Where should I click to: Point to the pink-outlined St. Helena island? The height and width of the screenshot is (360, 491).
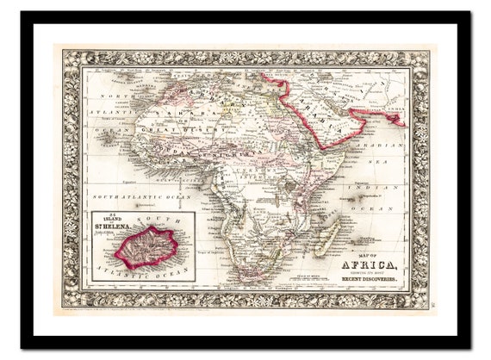tap(146, 247)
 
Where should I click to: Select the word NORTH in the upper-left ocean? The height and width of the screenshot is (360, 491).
tap(115, 97)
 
